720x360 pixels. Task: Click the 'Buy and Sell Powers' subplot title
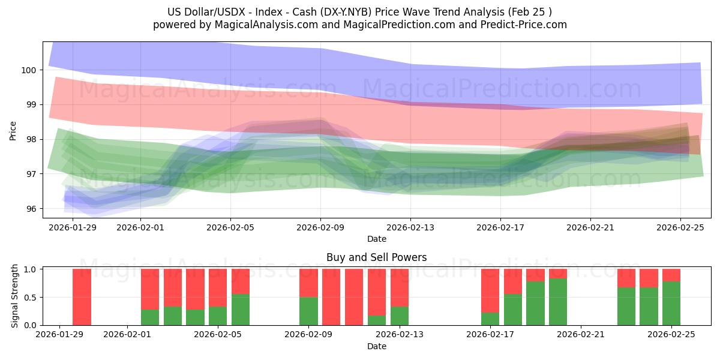376,257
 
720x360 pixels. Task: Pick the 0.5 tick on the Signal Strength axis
28,297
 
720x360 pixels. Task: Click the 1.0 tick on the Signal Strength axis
28,269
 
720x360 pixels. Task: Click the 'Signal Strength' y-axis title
15,297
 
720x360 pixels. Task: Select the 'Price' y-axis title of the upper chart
13,130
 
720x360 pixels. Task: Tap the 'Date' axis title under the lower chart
376,346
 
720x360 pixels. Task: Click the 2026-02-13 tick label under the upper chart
410,227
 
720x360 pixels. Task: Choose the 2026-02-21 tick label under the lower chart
581,335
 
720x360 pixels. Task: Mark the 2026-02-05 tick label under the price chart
230,227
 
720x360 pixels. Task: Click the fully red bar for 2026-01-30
82,297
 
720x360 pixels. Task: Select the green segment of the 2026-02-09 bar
308,311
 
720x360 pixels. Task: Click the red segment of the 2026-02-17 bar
490,290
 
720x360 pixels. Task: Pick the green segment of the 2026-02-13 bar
399,316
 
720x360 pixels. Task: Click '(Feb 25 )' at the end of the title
528,11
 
